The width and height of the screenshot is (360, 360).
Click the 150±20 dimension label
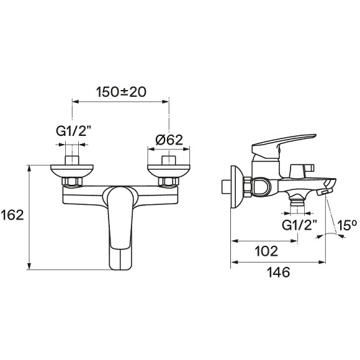pos(121,92)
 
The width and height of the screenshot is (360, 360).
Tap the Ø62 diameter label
pos(169,140)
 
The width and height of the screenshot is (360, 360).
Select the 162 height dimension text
pos(12,215)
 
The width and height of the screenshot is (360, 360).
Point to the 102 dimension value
pos(266,251)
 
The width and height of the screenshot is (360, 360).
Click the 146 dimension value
pos(279,272)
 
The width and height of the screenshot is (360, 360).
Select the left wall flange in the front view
pos(72,170)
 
